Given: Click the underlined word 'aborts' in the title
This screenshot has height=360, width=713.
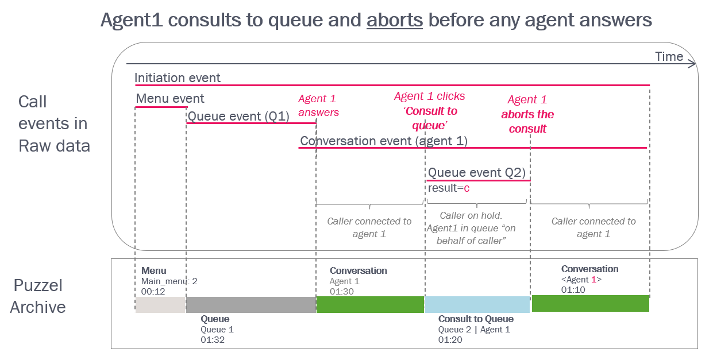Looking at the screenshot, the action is click(x=394, y=20).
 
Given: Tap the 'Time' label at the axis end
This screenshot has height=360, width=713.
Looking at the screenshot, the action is click(x=669, y=57).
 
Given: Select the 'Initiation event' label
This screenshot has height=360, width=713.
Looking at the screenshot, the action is click(x=178, y=78).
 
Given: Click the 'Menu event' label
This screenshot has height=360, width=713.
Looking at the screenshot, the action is click(x=170, y=99).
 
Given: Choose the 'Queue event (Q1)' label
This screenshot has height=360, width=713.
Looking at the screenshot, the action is click(x=238, y=117).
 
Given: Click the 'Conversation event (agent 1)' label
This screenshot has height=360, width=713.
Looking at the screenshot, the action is click(x=384, y=141).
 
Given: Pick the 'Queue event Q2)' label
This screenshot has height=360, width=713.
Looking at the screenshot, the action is click(x=476, y=172).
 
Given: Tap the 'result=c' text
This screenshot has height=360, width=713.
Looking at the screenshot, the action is click(x=449, y=188).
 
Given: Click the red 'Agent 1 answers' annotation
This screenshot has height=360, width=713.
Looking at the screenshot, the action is click(x=318, y=105).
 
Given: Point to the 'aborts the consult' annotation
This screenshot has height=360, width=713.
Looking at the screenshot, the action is click(x=527, y=122).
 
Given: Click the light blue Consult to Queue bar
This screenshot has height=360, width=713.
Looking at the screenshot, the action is click(x=477, y=304).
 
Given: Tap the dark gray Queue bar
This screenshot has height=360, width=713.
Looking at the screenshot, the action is click(x=251, y=305).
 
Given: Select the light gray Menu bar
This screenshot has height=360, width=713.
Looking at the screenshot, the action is click(x=160, y=305).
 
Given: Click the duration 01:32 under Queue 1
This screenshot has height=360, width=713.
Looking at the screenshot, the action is click(x=213, y=340).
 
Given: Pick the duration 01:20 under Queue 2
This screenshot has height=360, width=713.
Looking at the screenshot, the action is click(x=450, y=340).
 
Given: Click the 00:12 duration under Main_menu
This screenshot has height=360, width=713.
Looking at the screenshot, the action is click(x=153, y=291).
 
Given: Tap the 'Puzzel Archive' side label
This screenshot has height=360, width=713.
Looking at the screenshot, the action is click(x=38, y=296).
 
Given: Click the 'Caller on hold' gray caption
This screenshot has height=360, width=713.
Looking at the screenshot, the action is click(x=471, y=216).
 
